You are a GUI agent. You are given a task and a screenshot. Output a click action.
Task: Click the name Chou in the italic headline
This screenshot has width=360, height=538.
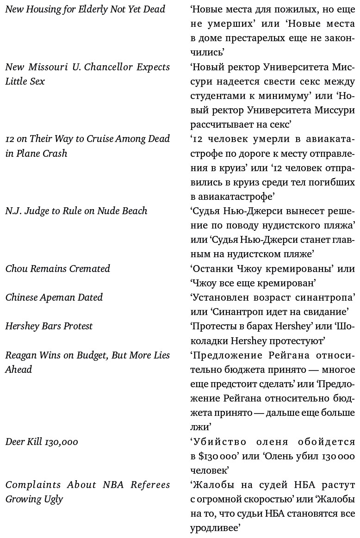point(17,269)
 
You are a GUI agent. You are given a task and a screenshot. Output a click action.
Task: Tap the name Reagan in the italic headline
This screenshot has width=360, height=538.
point(20,355)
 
